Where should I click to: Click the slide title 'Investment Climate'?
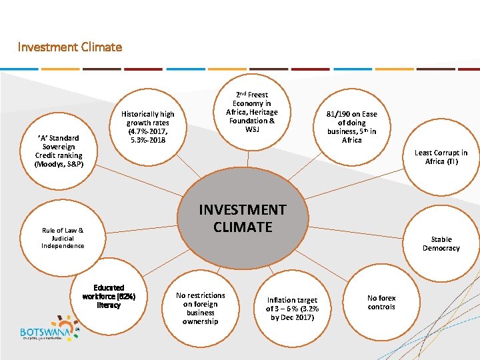70,47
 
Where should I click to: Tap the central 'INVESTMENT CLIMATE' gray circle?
243,218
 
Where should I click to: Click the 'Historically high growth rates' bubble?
148,127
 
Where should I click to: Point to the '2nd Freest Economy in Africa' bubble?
252,112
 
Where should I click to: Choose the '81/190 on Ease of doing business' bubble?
351,127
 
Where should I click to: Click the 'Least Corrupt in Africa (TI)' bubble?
441,157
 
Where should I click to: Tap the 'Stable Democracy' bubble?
441,243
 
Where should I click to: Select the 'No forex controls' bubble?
381,303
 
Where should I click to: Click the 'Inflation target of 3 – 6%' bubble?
292,309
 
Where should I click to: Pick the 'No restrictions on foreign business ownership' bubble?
200,308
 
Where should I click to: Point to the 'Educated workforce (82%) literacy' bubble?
109,297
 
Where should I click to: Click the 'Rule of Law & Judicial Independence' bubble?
63,238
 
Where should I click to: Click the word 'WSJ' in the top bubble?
252,129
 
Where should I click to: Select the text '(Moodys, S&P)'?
59,163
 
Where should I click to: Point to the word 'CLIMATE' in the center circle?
243,227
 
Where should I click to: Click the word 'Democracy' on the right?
441,248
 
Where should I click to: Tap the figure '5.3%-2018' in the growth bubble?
148,140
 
